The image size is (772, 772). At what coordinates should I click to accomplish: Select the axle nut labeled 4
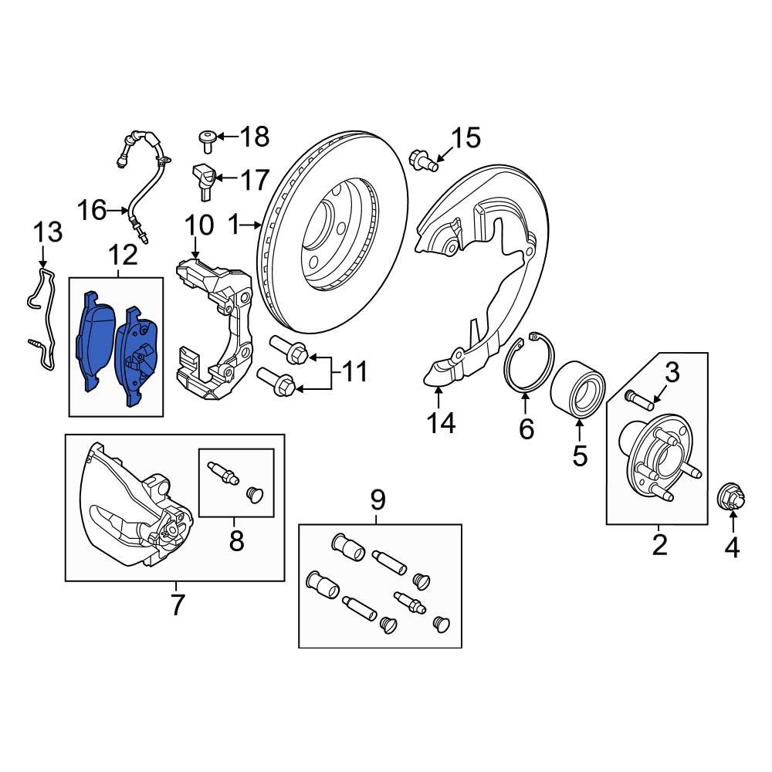tap(730, 496)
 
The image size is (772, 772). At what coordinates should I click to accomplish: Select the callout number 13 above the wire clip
tap(46, 231)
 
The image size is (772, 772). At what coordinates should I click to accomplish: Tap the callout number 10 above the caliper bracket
tap(198, 226)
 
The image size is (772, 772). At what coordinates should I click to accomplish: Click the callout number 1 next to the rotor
tap(234, 225)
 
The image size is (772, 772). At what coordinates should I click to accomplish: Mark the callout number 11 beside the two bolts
tap(354, 372)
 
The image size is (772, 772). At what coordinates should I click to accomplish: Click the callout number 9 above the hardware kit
tap(378, 500)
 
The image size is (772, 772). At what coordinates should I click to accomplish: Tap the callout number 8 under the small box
tap(235, 540)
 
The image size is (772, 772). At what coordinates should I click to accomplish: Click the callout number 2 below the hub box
tap(659, 544)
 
